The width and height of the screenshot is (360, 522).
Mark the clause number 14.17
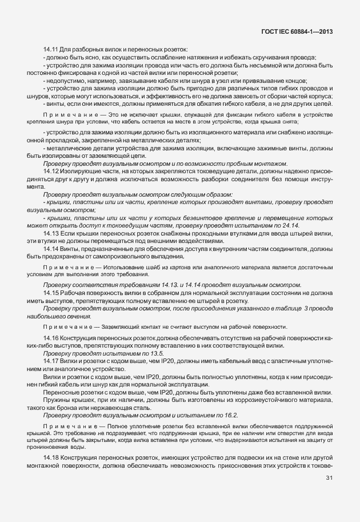(52, 362)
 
